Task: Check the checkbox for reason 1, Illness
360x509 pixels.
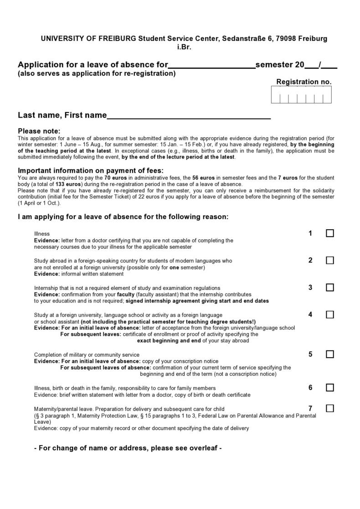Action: click(x=330, y=233)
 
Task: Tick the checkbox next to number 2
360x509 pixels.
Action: click(x=330, y=260)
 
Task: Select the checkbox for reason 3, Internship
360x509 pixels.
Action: click(x=330, y=288)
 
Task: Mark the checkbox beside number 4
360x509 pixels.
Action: click(x=330, y=314)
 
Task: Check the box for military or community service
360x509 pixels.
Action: click(x=330, y=354)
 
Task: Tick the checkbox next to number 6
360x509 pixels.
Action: click(x=330, y=388)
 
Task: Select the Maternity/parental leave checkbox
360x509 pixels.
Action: click(x=330, y=408)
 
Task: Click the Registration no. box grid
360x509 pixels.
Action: click(x=301, y=95)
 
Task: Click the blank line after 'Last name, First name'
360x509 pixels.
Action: click(x=189, y=116)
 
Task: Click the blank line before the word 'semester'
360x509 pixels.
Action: click(x=212, y=65)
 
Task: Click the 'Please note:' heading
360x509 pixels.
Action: click(x=39, y=131)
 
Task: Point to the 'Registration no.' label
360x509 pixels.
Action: click(x=304, y=82)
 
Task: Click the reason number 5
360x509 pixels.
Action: click(x=310, y=354)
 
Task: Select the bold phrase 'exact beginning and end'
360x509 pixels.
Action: click(x=169, y=340)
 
